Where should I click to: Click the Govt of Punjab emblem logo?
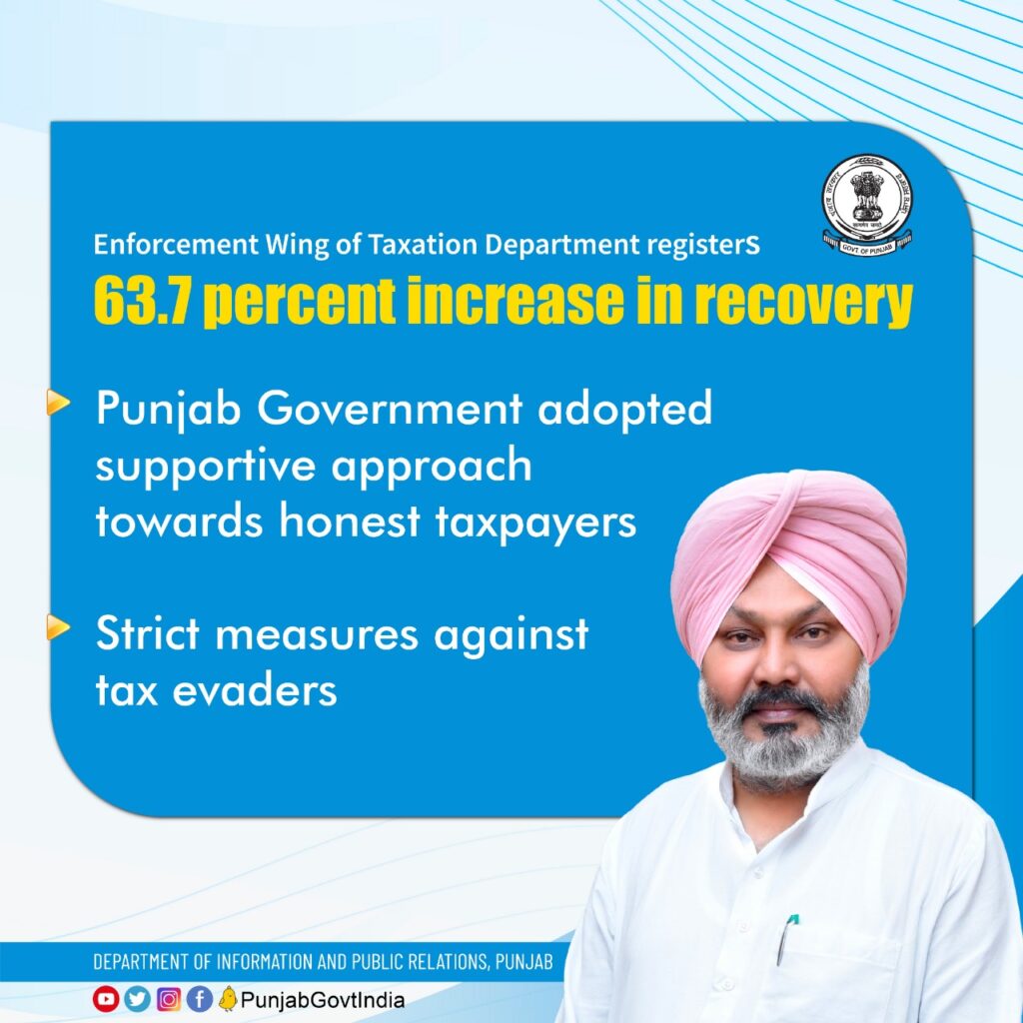[x=867, y=205]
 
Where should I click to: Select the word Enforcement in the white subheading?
[x=176, y=245]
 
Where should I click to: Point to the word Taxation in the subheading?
[x=423, y=245]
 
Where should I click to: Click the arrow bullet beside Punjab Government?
[x=58, y=403]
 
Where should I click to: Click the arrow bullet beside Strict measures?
[x=58, y=627]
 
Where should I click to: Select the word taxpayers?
[x=535, y=525]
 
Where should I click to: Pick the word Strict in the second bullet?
[x=148, y=632]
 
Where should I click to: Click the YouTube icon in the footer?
[x=106, y=999]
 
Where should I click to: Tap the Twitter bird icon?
[x=137, y=999]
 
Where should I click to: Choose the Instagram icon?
[x=168, y=999]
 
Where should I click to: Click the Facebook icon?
[x=200, y=999]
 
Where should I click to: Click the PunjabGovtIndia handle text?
[x=323, y=1000]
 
